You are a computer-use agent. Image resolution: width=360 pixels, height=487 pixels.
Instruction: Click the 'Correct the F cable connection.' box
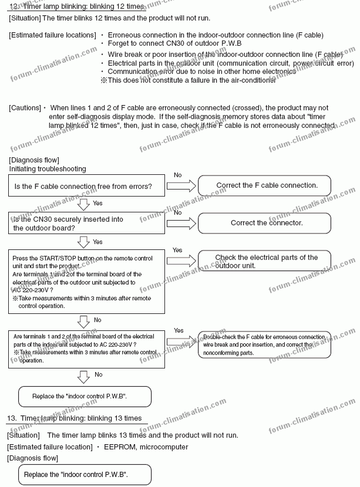click(267, 185)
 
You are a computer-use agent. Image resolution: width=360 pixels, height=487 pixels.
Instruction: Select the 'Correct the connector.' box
click(267, 223)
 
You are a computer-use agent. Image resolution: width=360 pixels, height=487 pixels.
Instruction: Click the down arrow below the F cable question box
click(83, 204)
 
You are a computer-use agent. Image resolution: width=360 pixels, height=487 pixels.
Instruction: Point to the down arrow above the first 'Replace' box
click(83, 376)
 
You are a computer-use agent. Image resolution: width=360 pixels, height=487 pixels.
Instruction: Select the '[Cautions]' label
click(24, 108)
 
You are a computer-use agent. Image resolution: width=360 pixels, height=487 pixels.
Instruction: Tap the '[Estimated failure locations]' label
click(52, 35)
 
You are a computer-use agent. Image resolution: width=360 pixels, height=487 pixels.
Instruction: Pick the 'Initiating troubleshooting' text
click(47, 169)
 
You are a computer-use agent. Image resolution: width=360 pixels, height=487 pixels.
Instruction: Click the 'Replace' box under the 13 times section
click(76, 474)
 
